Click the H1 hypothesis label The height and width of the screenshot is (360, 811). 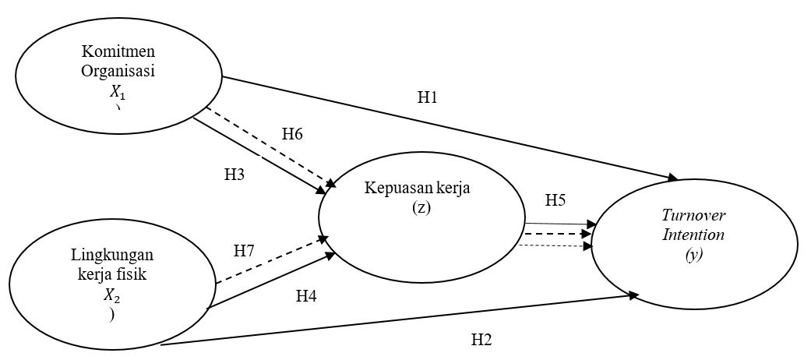(x=428, y=97)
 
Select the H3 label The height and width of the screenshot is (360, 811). (x=234, y=174)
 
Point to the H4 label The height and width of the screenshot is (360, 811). (x=306, y=295)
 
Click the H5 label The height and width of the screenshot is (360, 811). (x=555, y=200)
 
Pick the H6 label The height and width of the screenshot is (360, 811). (x=292, y=133)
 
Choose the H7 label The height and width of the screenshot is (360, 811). (x=245, y=251)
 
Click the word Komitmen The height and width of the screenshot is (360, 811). (x=118, y=52)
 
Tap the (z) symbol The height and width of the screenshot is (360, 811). (x=421, y=208)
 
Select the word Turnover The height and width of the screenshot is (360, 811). (x=693, y=216)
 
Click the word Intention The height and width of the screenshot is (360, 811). (x=693, y=234)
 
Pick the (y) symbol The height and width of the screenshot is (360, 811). (x=693, y=253)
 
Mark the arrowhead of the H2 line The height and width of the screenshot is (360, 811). (x=634, y=295)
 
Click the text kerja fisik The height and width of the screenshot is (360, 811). (x=114, y=274)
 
